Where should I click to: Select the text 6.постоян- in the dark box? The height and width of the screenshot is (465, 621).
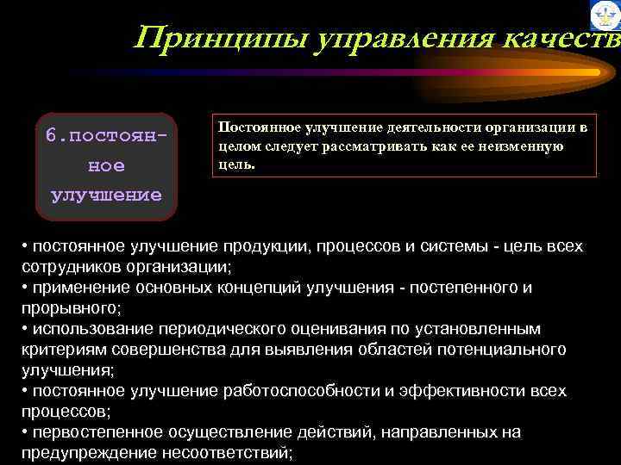coord(106,137)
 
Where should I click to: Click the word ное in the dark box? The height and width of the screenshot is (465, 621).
coord(106,165)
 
